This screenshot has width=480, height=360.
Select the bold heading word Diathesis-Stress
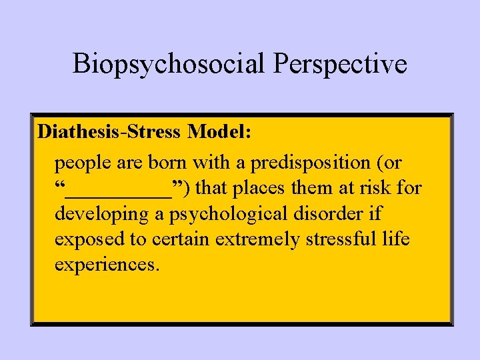110,131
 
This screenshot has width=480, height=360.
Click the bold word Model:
219,131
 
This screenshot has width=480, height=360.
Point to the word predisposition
299,163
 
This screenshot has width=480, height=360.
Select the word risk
376,189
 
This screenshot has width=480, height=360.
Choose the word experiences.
107,265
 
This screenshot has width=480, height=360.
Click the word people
83,163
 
